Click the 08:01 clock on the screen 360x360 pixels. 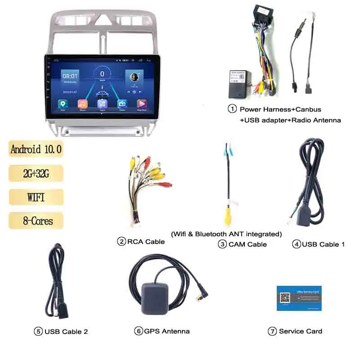(x=70, y=76)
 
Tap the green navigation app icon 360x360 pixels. (x=63, y=104)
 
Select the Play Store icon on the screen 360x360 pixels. (x=141, y=104)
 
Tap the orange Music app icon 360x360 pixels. (x=83, y=104)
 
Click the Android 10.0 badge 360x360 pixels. (x=36, y=149)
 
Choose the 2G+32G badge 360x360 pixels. (x=36, y=173)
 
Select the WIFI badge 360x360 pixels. (x=36, y=197)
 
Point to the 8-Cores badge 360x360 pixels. (x=36, y=220)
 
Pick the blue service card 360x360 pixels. (x=299, y=298)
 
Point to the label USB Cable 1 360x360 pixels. (x=323, y=244)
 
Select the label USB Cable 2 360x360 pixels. (x=66, y=332)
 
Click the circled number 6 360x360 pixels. (x=138, y=331)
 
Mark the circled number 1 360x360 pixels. (x=232, y=109)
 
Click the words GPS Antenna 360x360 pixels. (x=167, y=331)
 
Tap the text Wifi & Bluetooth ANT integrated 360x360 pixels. (x=226, y=234)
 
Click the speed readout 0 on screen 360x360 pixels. (x=102, y=74)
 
